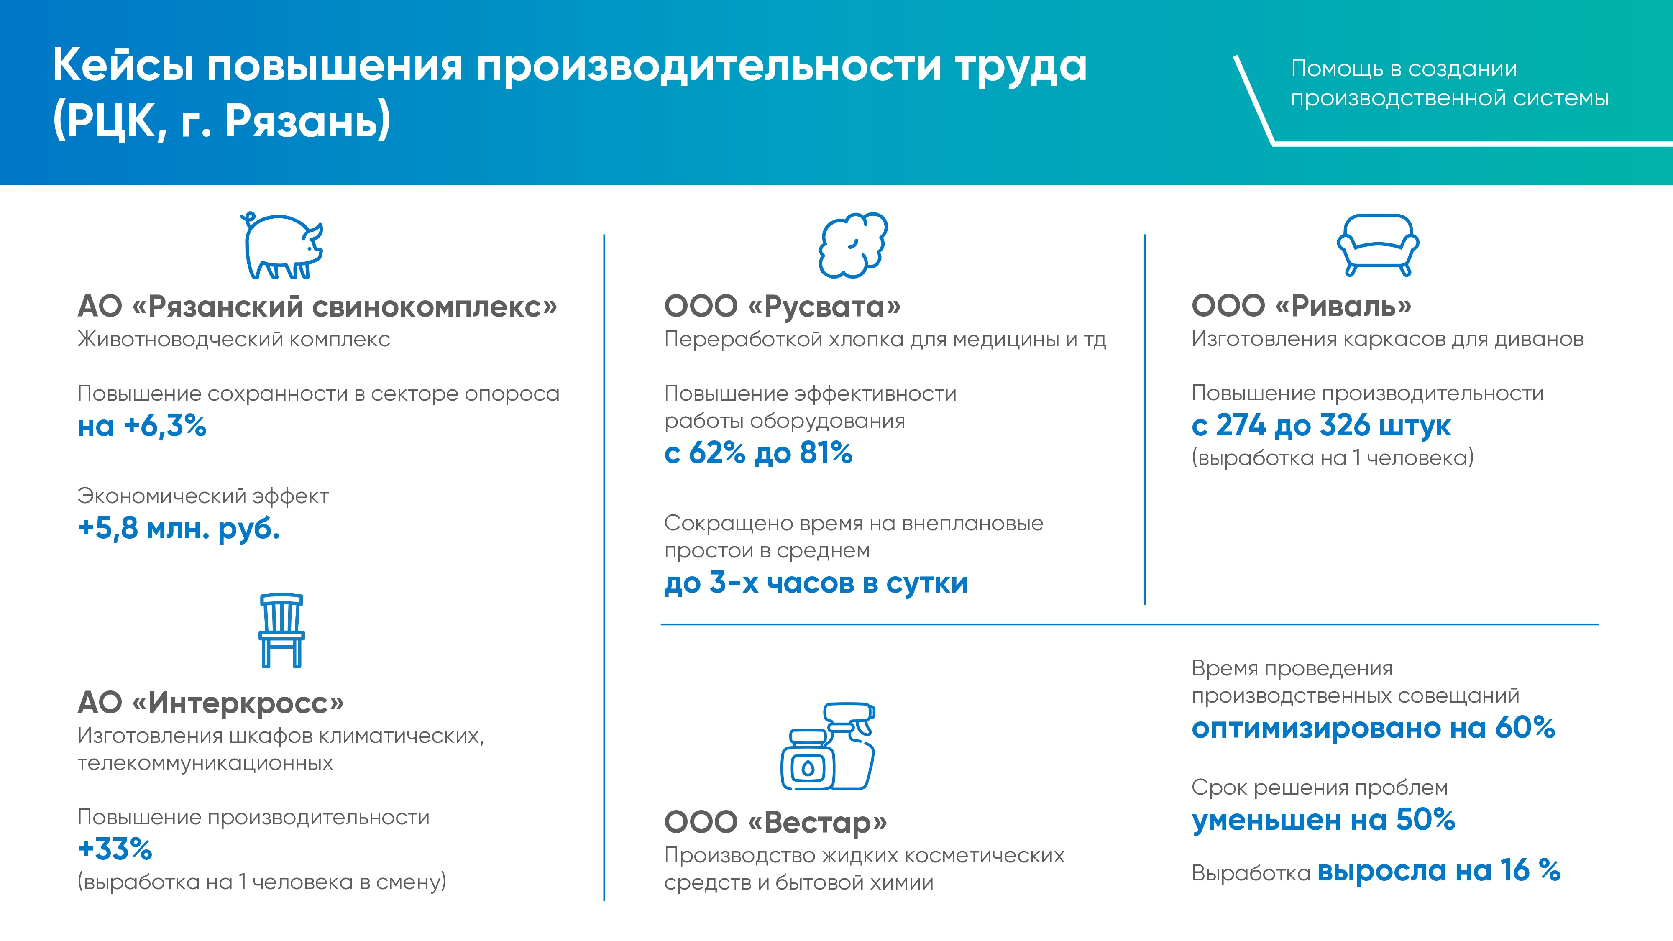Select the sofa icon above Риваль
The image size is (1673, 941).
click(x=1377, y=245)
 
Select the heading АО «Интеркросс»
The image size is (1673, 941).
click(x=210, y=702)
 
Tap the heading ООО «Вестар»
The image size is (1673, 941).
click(x=775, y=822)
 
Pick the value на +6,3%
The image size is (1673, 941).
click(x=142, y=426)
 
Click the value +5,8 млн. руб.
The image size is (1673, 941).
click(x=179, y=529)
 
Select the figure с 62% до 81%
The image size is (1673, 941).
click(x=758, y=453)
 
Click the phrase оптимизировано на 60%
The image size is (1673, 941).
click(x=1373, y=728)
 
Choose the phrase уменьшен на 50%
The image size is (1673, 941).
click(x=1323, y=820)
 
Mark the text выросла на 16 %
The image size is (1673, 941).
click(x=1438, y=870)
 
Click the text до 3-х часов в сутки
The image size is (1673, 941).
click(x=816, y=583)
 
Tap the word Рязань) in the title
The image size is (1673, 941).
click(x=308, y=121)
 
